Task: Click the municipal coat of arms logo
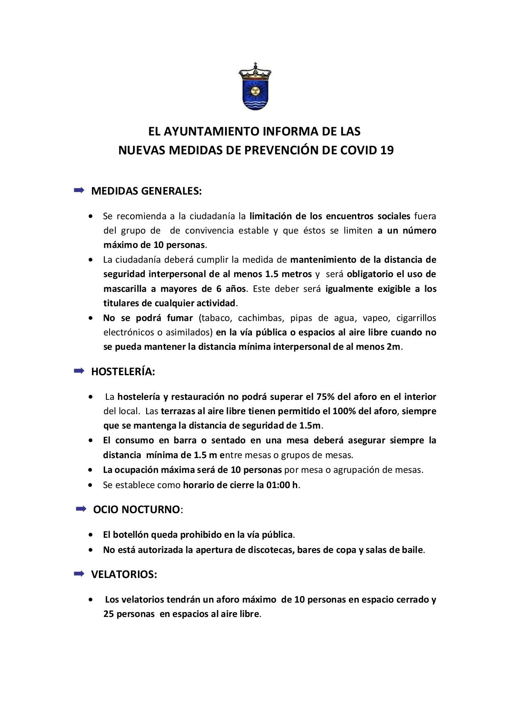[254, 87]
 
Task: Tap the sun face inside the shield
[254, 91]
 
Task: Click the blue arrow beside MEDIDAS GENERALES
[79, 190]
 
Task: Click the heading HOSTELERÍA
[123, 372]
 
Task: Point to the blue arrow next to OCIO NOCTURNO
[81, 509]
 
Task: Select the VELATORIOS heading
[124, 574]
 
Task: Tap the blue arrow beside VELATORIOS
[79, 574]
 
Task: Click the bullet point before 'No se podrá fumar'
[90, 318]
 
